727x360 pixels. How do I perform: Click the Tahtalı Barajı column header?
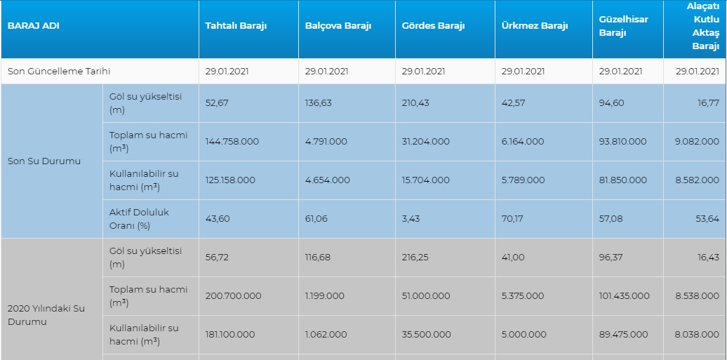(236, 25)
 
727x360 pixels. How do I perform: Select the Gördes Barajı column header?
(433, 25)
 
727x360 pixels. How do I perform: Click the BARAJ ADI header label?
(34, 25)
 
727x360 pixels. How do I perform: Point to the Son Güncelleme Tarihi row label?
(59, 72)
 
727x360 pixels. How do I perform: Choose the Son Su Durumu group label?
(44, 161)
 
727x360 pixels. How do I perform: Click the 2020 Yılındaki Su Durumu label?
(46, 315)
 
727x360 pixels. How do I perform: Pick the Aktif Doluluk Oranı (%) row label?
(139, 219)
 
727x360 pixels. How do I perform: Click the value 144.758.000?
(232, 142)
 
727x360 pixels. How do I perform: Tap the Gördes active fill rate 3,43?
(411, 218)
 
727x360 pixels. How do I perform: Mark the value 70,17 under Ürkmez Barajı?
(512, 218)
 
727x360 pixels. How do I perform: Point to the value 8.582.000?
(698, 180)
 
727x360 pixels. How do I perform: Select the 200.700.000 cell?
(233, 295)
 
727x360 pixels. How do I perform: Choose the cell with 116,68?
(318, 257)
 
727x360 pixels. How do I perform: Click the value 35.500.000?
(426, 334)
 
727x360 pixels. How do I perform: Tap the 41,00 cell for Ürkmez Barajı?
(513, 257)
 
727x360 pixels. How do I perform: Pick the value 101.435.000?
(624, 295)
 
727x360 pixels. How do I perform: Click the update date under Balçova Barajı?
(326, 72)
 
